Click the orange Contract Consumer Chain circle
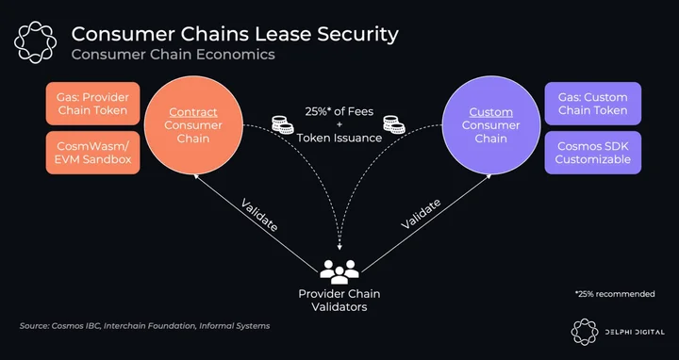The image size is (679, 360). coord(193,125)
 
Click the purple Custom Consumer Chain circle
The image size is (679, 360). coord(491,125)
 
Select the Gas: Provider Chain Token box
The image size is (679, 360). coord(92,104)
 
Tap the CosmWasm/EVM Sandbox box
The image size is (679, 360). coord(92,153)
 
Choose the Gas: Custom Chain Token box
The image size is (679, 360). coord(593,104)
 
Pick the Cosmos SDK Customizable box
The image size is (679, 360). coord(593,153)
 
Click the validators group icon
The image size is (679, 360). coord(339,271)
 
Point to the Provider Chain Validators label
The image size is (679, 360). coord(339,301)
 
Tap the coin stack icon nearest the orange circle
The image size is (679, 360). coord(282,124)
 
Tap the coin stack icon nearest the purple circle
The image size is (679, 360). coord(393,124)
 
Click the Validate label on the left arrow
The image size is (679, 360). coord(259,215)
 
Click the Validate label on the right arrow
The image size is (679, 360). coord(421,214)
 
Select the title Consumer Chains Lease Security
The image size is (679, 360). coord(235,34)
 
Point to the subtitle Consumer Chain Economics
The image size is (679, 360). coord(174,55)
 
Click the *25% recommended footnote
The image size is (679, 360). coord(615,294)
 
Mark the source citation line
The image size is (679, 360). coord(144,326)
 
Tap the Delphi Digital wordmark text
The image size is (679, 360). coord(635,333)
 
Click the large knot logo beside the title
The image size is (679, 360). coord(35,42)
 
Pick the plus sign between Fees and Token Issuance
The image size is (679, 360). coord(339,124)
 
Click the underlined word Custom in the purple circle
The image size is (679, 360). coord(491,112)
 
